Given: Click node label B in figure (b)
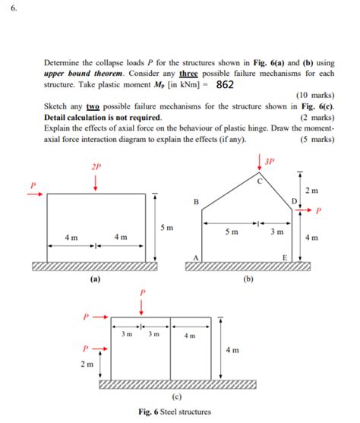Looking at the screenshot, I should click(x=196, y=202).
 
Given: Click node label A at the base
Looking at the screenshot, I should click(x=195, y=259).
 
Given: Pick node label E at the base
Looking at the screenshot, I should click(x=285, y=259).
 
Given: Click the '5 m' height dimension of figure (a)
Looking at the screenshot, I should click(x=167, y=227).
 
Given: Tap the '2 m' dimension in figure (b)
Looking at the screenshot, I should click(x=311, y=190).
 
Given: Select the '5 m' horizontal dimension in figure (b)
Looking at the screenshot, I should click(x=234, y=231).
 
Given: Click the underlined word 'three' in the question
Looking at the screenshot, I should click(x=188, y=74).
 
